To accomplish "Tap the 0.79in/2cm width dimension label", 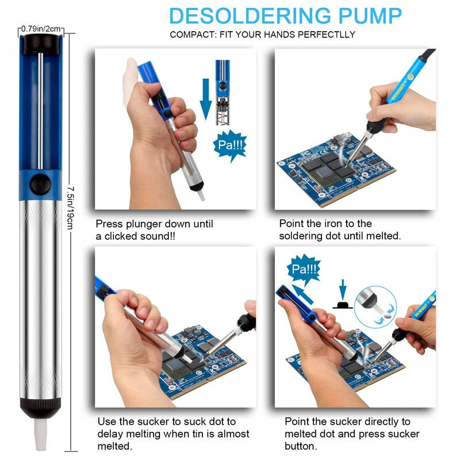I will click(41, 28).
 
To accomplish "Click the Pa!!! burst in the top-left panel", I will click(230, 145).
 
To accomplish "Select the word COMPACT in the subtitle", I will click(191, 34).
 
